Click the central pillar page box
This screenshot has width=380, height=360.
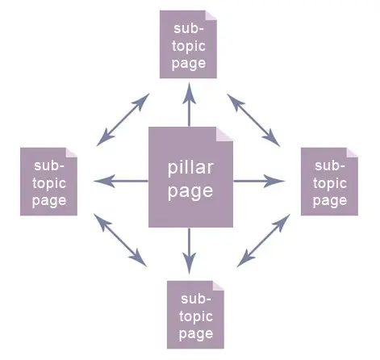[x=190, y=178]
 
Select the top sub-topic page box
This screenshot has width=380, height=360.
[x=189, y=45]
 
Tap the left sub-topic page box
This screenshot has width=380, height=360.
[x=49, y=182]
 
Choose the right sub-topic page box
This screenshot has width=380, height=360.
[x=330, y=182]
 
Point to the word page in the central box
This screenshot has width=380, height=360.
[x=190, y=191]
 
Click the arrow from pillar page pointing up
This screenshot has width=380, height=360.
[x=190, y=105]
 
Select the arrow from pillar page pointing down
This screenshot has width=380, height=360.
[x=190, y=250]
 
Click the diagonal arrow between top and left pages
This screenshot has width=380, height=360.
[x=122, y=119]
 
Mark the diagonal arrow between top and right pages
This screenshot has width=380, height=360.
[x=254, y=120]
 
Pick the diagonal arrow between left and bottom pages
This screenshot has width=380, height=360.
[x=120, y=240]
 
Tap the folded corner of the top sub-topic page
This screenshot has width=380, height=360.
[x=211, y=16]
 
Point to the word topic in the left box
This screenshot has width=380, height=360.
[x=49, y=183]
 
